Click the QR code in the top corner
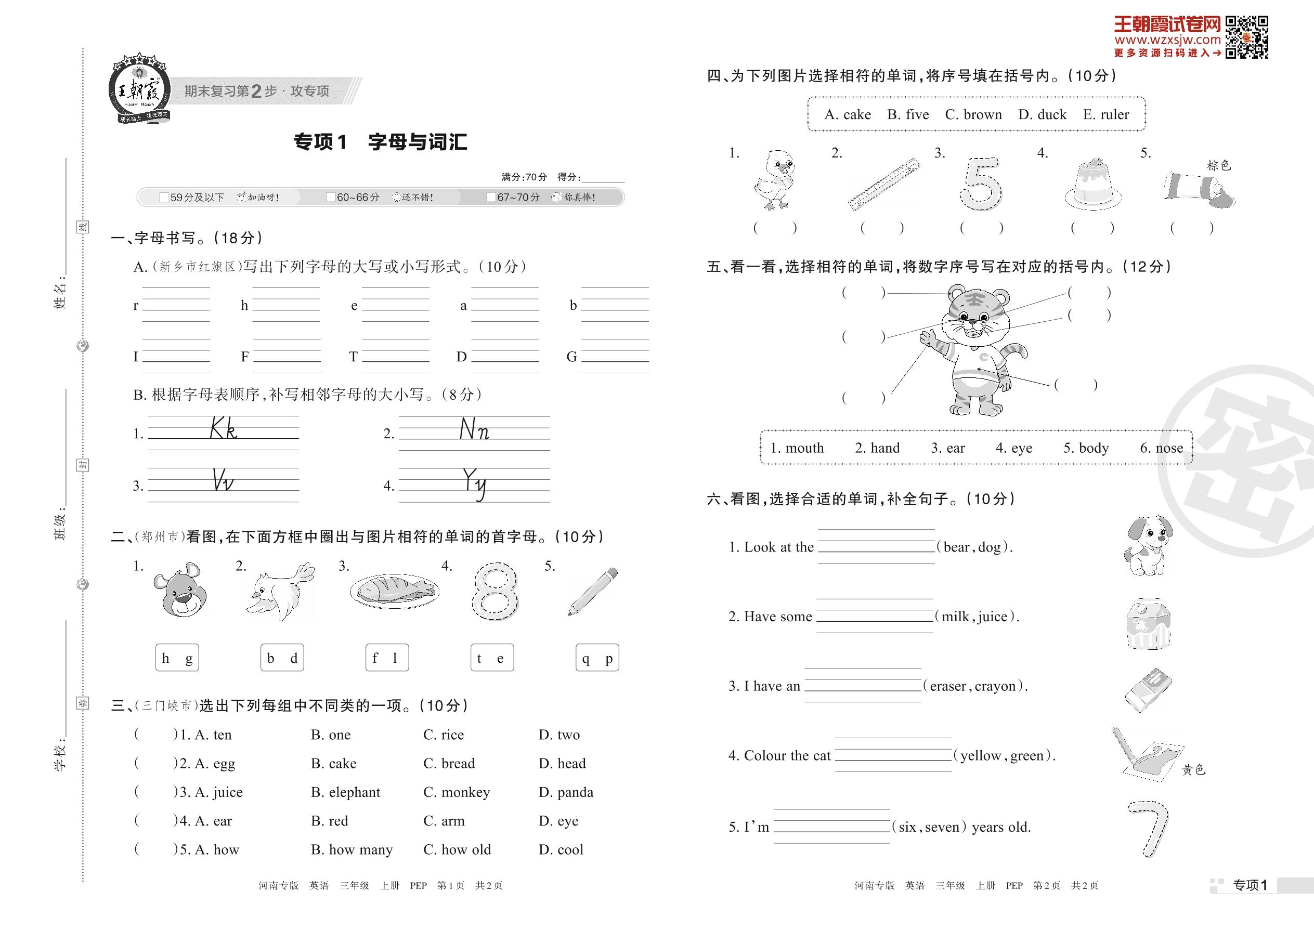coord(1246,38)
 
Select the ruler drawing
coord(884,184)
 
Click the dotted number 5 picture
coord(981,184)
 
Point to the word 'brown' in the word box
coord(982,114)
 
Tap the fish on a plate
coord(394,591)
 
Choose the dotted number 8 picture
coord(495,591)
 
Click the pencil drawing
coord(593,591)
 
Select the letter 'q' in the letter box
coord(586,659)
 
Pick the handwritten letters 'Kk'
coord(224,428)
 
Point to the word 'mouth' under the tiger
coord(804,448)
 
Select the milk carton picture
coord(1148,624)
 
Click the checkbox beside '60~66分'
coord(331,198)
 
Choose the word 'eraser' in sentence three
coord(948,686)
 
